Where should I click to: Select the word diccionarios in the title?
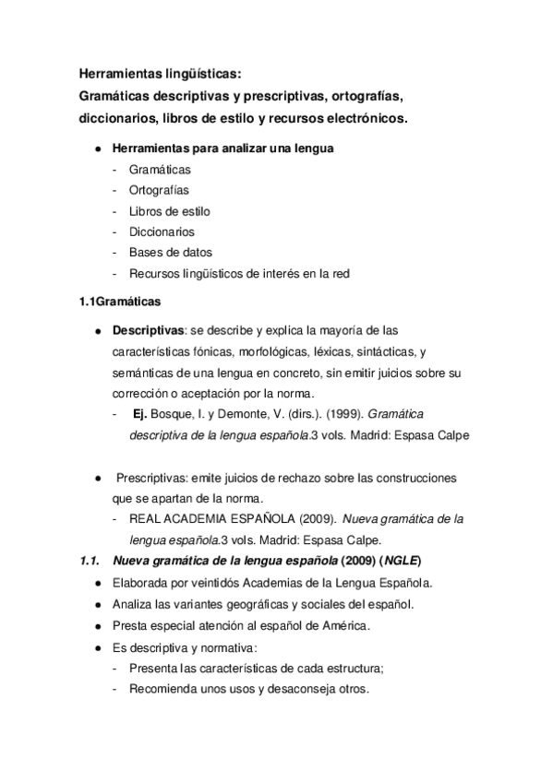tap(116, 119)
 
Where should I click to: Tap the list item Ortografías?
tap(160, 190)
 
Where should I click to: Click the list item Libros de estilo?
tap(170, 211)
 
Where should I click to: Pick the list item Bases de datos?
tap(171, 252)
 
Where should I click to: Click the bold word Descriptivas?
tap(149, 330)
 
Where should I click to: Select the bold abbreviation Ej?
tap(141, 414)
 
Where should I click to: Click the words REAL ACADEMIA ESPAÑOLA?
tap(210, 520)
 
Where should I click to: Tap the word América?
tap(343, 625)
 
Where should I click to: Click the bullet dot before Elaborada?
tap(97, 584)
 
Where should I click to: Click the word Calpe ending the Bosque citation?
tap(450, 435)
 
